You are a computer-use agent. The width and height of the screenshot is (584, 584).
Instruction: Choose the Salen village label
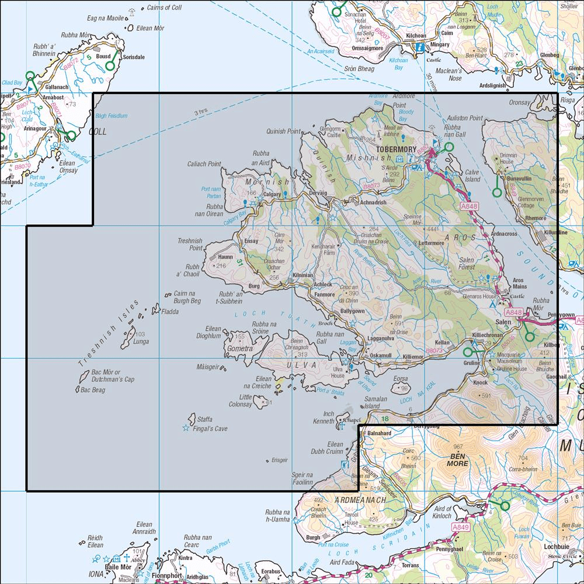[503, 322]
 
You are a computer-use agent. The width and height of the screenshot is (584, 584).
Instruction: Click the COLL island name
[97, 132]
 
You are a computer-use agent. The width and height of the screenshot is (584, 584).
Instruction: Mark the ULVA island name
[304, 364]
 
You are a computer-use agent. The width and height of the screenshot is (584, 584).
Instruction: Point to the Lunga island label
[141, 342]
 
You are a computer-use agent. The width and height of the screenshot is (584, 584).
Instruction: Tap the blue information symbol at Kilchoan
[419, 48]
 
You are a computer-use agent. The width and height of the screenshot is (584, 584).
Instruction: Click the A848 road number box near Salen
[512, 314]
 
